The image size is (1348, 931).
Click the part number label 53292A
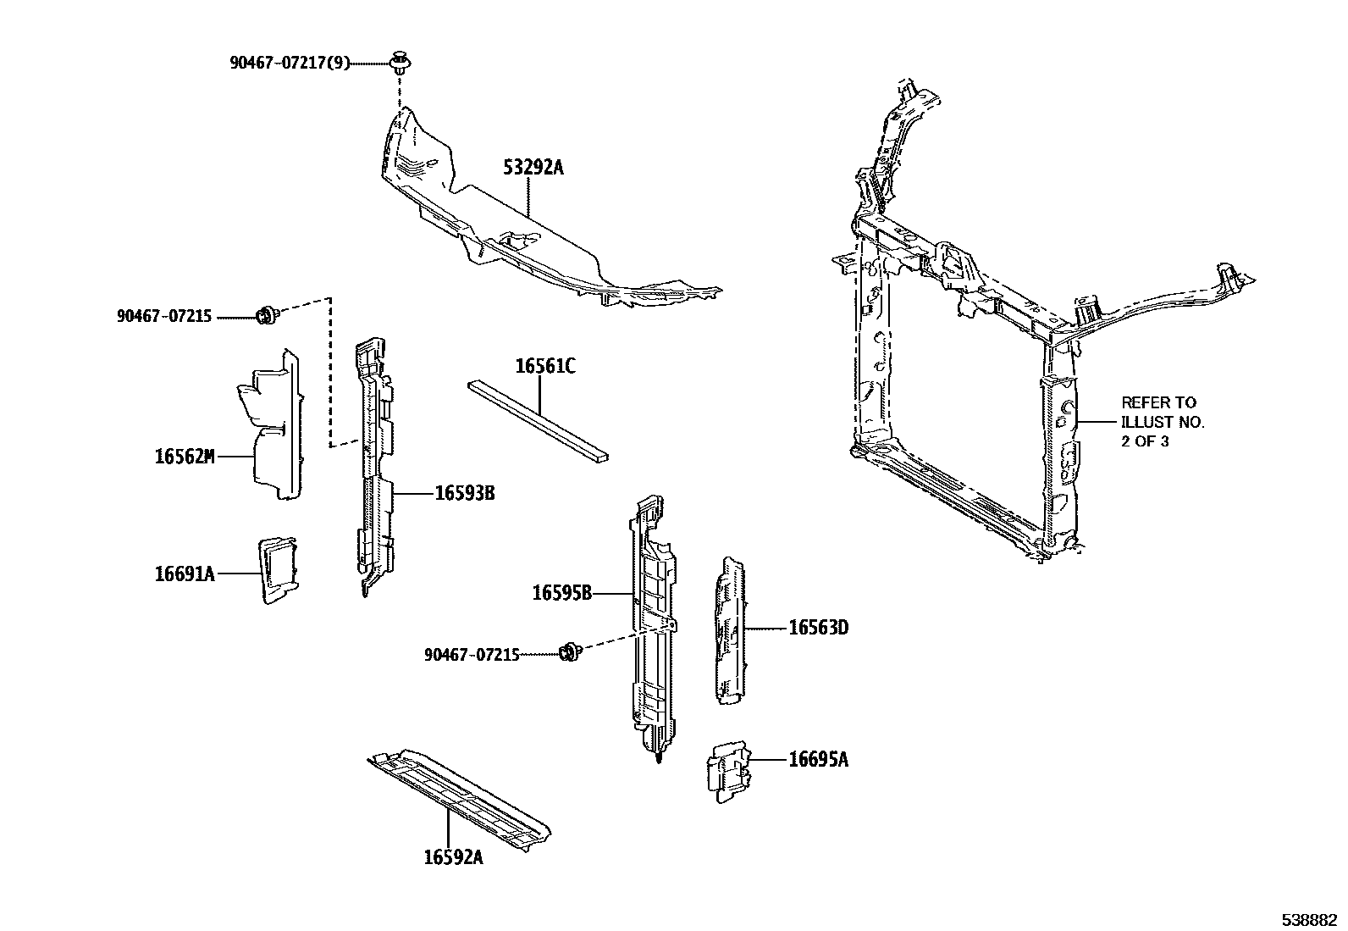coord(533,167)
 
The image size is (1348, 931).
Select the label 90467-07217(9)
coord(290,63)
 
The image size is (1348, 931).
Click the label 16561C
coord(545,366)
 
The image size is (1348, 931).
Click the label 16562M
coord(185,457)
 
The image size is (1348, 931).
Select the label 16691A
coord(185,574)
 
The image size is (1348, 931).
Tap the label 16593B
coord(465,493)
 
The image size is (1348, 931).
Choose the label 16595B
coord(561,593)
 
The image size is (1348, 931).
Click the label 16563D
coord(818,628)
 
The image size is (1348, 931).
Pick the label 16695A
coord(818,759)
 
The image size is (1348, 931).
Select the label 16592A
coord(453,857)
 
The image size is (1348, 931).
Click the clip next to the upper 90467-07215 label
coord(266,316)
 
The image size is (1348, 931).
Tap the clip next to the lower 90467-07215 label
coord(570,651)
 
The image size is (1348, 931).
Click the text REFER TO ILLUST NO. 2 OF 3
coord(1163,422)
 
